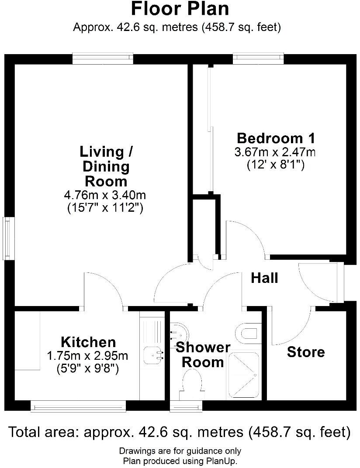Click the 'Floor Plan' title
(x=180, y=9)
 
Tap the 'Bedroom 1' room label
(x=276, y=138)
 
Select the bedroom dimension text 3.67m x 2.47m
(x=275, y=152)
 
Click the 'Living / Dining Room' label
(x=107, y=166)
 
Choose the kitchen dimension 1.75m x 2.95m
(x=87, y=356)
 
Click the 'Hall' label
(x=264, y=278)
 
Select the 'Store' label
(x=306, y=352)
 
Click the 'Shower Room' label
(x=203, y=354)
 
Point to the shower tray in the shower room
(x=242, y=375)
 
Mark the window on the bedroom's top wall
(x=258, y=58)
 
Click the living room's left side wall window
(x=7, y=238)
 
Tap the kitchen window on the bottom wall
(x=79, y=406)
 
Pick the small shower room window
(x=180, y=406)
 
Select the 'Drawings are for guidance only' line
(x=180, y=451)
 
